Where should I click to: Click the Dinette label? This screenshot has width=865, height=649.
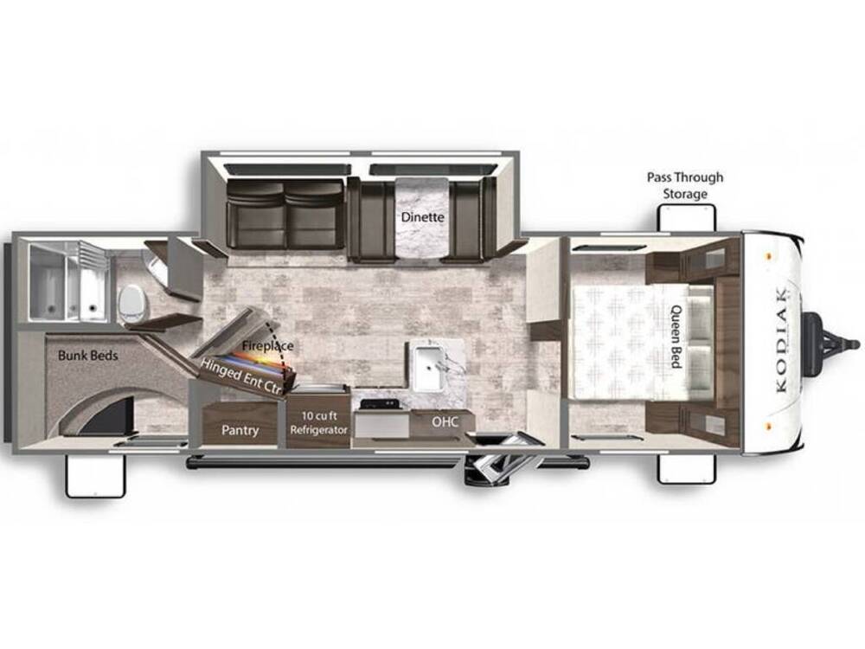pyautogui.click(x=422, y=217)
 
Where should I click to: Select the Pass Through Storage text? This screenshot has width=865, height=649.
pyautogui.click(x=685, y=185)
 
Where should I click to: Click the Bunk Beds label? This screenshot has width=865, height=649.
pyautogui.click(x=87, y=356)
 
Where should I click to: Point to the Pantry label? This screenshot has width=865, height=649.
pyautogui.click(x=240, y=429)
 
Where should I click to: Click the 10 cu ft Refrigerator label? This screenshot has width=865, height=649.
pyautogui.click(x=318, y=423)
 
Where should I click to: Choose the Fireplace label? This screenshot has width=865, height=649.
pyautogui.click(x=267, y=346)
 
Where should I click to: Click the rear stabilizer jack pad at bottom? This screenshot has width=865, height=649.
pyautogui.click(x=95, y=477)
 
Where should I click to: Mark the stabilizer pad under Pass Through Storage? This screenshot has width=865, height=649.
pyautogui.click(x=685, y=217)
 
